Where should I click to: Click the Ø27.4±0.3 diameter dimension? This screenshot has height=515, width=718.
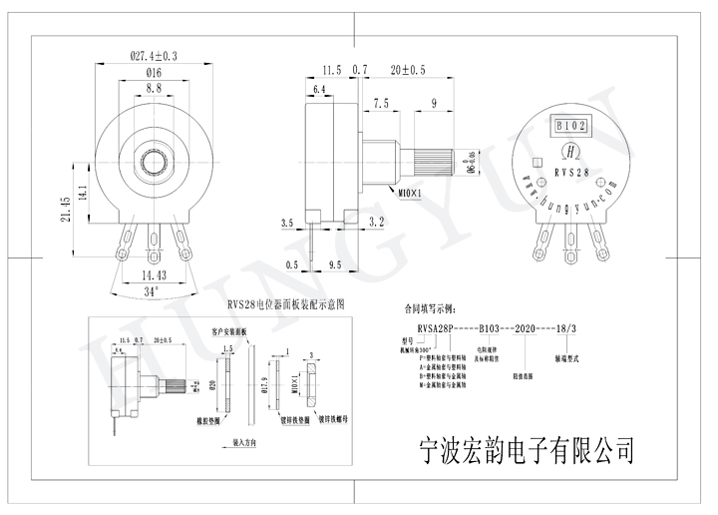coord(154,57)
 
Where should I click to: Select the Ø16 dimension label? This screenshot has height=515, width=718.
coord(154,73)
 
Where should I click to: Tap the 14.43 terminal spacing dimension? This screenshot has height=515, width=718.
coord(153,272)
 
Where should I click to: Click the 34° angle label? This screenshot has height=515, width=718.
coord(152,291)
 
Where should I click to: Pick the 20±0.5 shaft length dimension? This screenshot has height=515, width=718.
coord(408,71)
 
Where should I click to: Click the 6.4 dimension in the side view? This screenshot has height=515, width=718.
coord(320,90)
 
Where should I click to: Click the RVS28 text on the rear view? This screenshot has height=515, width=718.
coord(571,172)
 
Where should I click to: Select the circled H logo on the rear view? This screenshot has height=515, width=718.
coord(571,152)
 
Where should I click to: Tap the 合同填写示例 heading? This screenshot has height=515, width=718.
coord(428,310)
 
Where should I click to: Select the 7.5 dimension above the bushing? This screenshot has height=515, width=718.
coord(381,103)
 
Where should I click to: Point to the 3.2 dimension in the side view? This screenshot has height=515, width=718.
coord(377,221)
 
